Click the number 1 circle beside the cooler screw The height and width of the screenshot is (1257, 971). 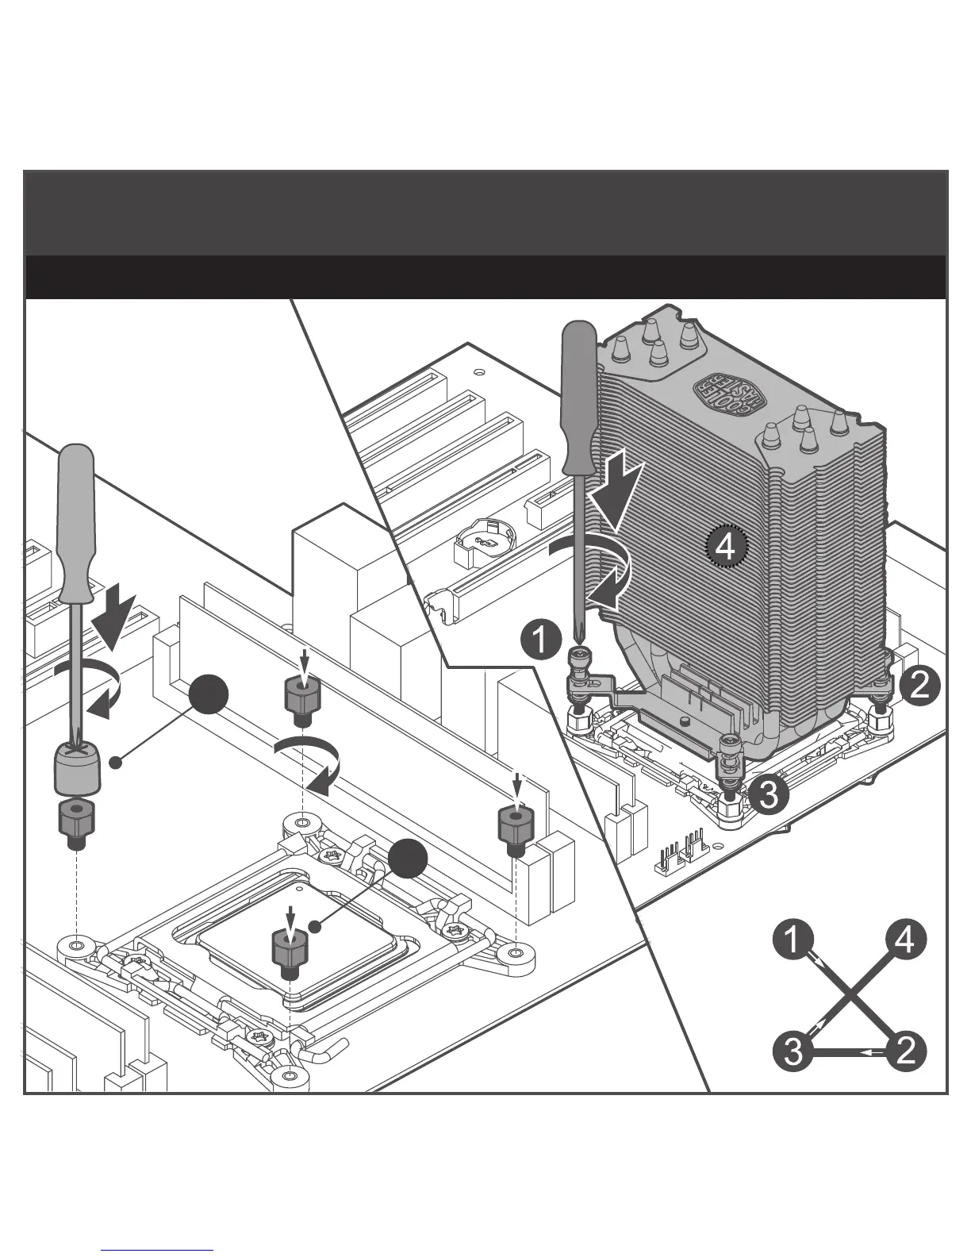(541, 640)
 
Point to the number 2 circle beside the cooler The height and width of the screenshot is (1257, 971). (920, 684)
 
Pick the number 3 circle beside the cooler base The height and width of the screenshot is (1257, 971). (769, 794)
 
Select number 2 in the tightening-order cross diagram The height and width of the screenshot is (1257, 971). (905, 1052)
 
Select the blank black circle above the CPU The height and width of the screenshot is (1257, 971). (409, 859)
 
